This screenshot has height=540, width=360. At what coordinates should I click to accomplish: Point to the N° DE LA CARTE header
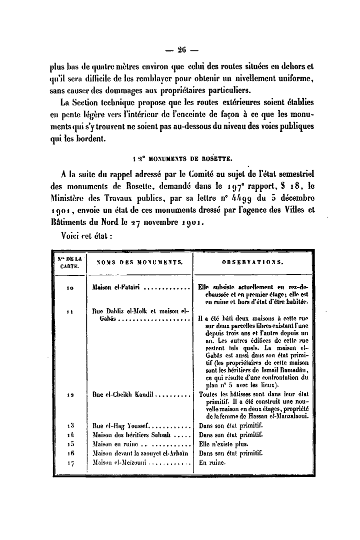pyautogui.click(x=69, y=261)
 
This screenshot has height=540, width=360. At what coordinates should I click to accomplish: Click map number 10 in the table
pyautogui.click(x=70, y=288)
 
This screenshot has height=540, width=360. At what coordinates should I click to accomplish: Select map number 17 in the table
pyautogui.click(x=70, y=463)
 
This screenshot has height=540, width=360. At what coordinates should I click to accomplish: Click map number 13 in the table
pyautogui.click(x=70, y=426)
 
